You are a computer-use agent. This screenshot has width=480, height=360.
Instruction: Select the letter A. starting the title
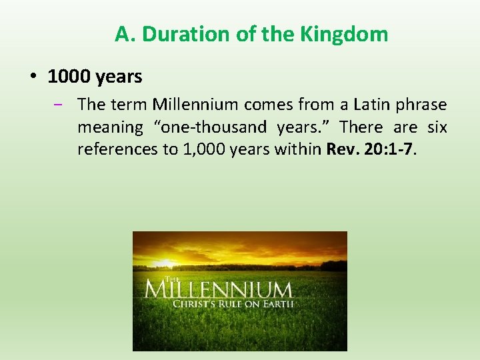pos(125,34)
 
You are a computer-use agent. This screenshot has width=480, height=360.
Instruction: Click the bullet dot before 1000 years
pos(33,77)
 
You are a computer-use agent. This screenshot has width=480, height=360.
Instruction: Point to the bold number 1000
pos(69,77)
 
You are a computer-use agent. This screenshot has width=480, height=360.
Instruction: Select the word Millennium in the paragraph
pos(195,105)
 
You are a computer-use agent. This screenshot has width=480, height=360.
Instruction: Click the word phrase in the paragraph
pos(423,105)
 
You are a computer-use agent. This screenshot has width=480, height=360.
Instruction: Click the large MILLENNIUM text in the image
pos(218,290)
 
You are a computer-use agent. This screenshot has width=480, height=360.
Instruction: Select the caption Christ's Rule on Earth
pos(233,304)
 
